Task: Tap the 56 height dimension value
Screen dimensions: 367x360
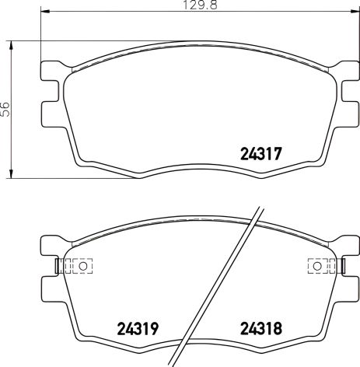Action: (5, 109)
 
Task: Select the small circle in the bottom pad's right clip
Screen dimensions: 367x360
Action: (317, 266)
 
